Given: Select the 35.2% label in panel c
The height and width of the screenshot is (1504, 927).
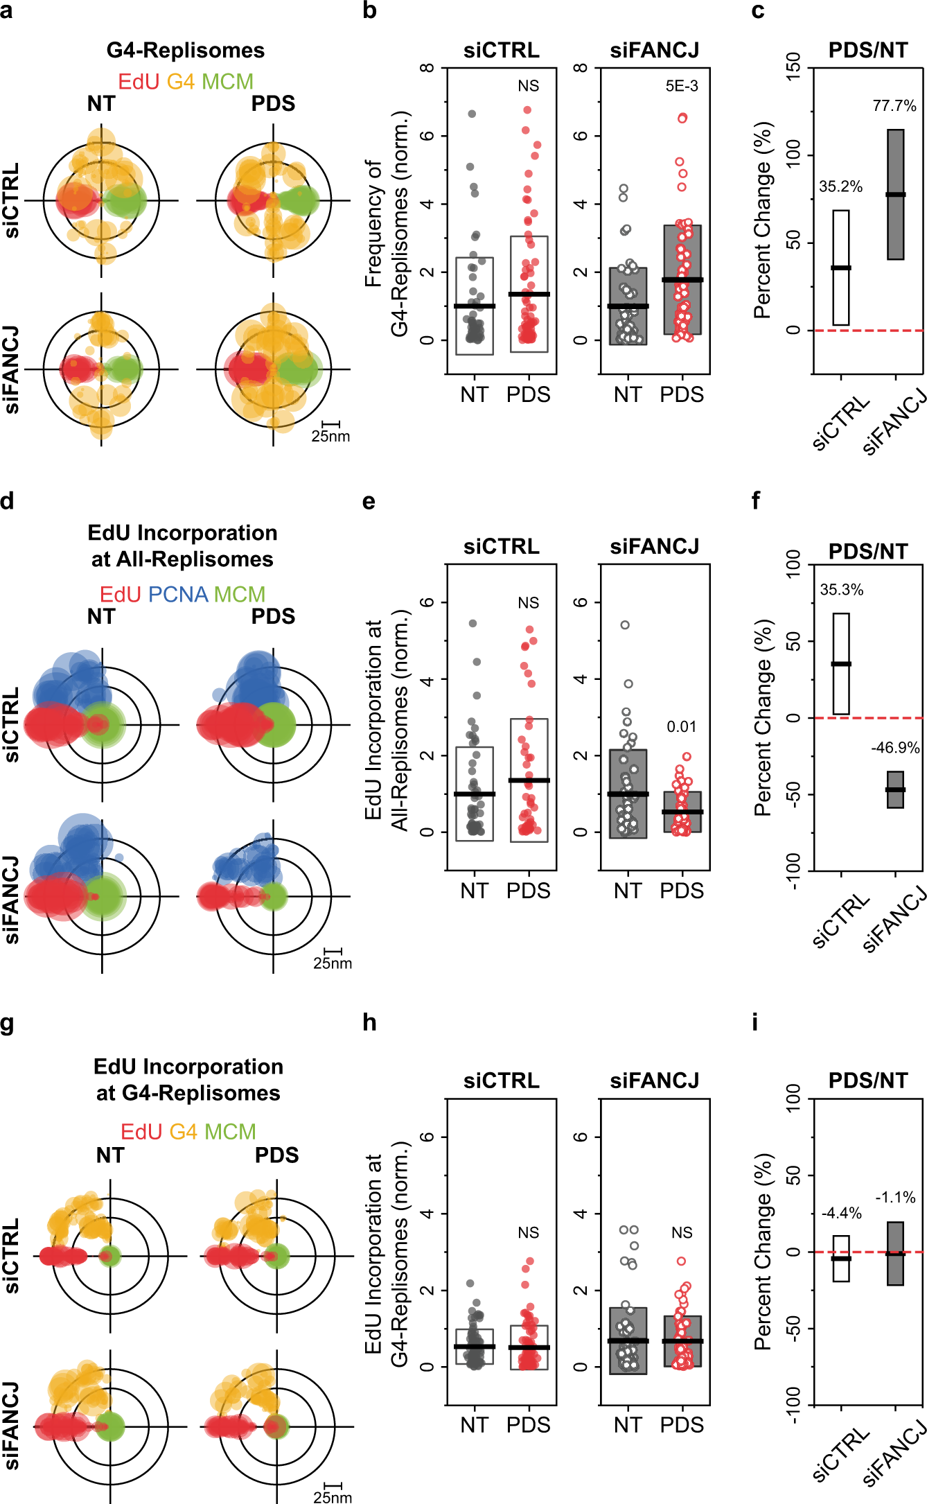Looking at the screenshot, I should [840, 186].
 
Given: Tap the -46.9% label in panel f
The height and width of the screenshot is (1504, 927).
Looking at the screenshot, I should [895, 748].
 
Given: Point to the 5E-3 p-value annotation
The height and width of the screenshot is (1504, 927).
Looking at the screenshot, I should [682, 86].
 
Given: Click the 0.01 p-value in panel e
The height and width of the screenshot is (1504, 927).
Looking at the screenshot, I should [681, 727].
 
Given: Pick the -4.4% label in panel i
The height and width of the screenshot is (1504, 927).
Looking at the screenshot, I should [841, 1213].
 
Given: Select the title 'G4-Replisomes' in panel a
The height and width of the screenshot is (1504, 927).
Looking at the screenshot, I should [185, 51].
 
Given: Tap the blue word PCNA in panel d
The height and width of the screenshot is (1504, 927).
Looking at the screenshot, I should [178, 595].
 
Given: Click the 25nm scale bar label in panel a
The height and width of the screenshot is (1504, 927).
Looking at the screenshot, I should [330, 437].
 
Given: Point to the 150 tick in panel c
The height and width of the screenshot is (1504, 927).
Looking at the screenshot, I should [794, 68].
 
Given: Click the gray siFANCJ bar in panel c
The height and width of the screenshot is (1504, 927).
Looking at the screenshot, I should [895, 194].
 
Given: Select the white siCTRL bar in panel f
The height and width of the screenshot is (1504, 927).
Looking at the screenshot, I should [841, 663].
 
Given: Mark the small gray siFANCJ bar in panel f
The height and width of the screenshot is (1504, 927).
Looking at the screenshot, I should [895, 789].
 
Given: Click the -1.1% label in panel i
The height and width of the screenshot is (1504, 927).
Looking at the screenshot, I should [895, 1197].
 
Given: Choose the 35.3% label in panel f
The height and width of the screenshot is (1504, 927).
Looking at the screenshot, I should [841, 590].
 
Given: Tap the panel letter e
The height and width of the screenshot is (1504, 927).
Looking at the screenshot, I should [369, 501].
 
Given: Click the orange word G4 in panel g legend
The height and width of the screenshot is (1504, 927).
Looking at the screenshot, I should [183, 1132].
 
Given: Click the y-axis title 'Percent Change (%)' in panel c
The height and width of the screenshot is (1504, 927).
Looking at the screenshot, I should [762, 220].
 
